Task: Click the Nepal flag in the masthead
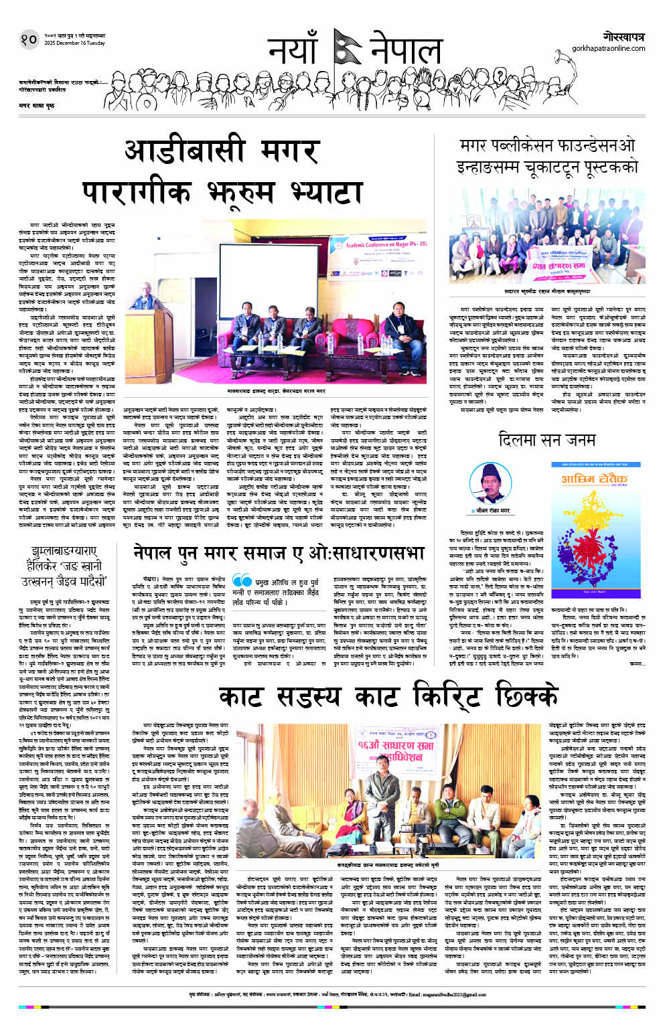348,48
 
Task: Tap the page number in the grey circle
28,40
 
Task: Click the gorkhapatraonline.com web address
608,48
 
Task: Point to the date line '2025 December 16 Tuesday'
74,44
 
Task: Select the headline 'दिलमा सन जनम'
546,440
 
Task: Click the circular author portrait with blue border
486,481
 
